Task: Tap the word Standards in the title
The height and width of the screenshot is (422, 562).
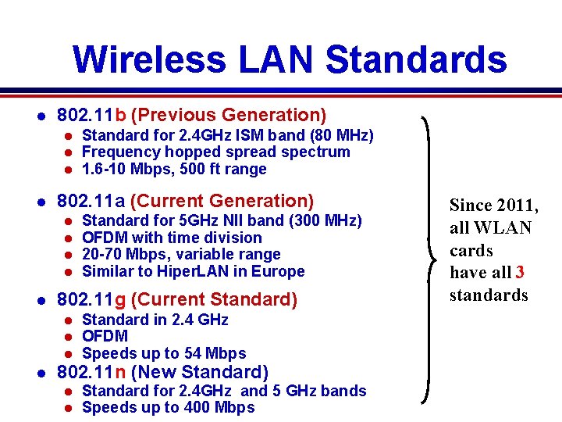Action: (x=416, y=59)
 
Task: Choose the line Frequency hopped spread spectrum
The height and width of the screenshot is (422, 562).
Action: (x=215, y=152)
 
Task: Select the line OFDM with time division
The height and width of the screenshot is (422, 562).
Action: (x=172, y=238)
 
